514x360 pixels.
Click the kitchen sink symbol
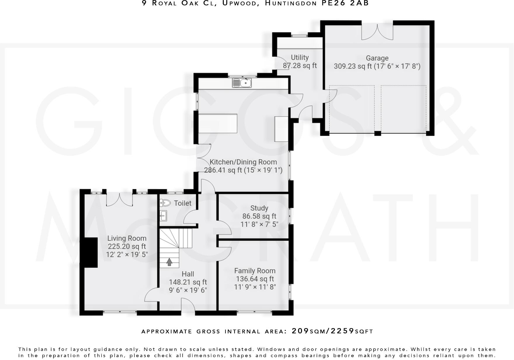point(242,83)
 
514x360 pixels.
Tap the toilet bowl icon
point(165,202)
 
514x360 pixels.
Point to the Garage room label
point(377,58)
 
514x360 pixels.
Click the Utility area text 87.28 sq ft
point(300,66)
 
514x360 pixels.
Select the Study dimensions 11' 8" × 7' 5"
point(259,224)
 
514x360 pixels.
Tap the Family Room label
point(255,271)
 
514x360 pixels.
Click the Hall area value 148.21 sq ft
point(188,282)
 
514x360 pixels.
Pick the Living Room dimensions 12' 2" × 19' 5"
point(127,255)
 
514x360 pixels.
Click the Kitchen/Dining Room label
point(243,162)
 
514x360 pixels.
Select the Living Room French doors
point(119,199)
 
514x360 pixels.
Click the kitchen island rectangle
point(218,123)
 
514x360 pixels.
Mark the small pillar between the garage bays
point(378,133)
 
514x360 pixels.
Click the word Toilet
point(183,203)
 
